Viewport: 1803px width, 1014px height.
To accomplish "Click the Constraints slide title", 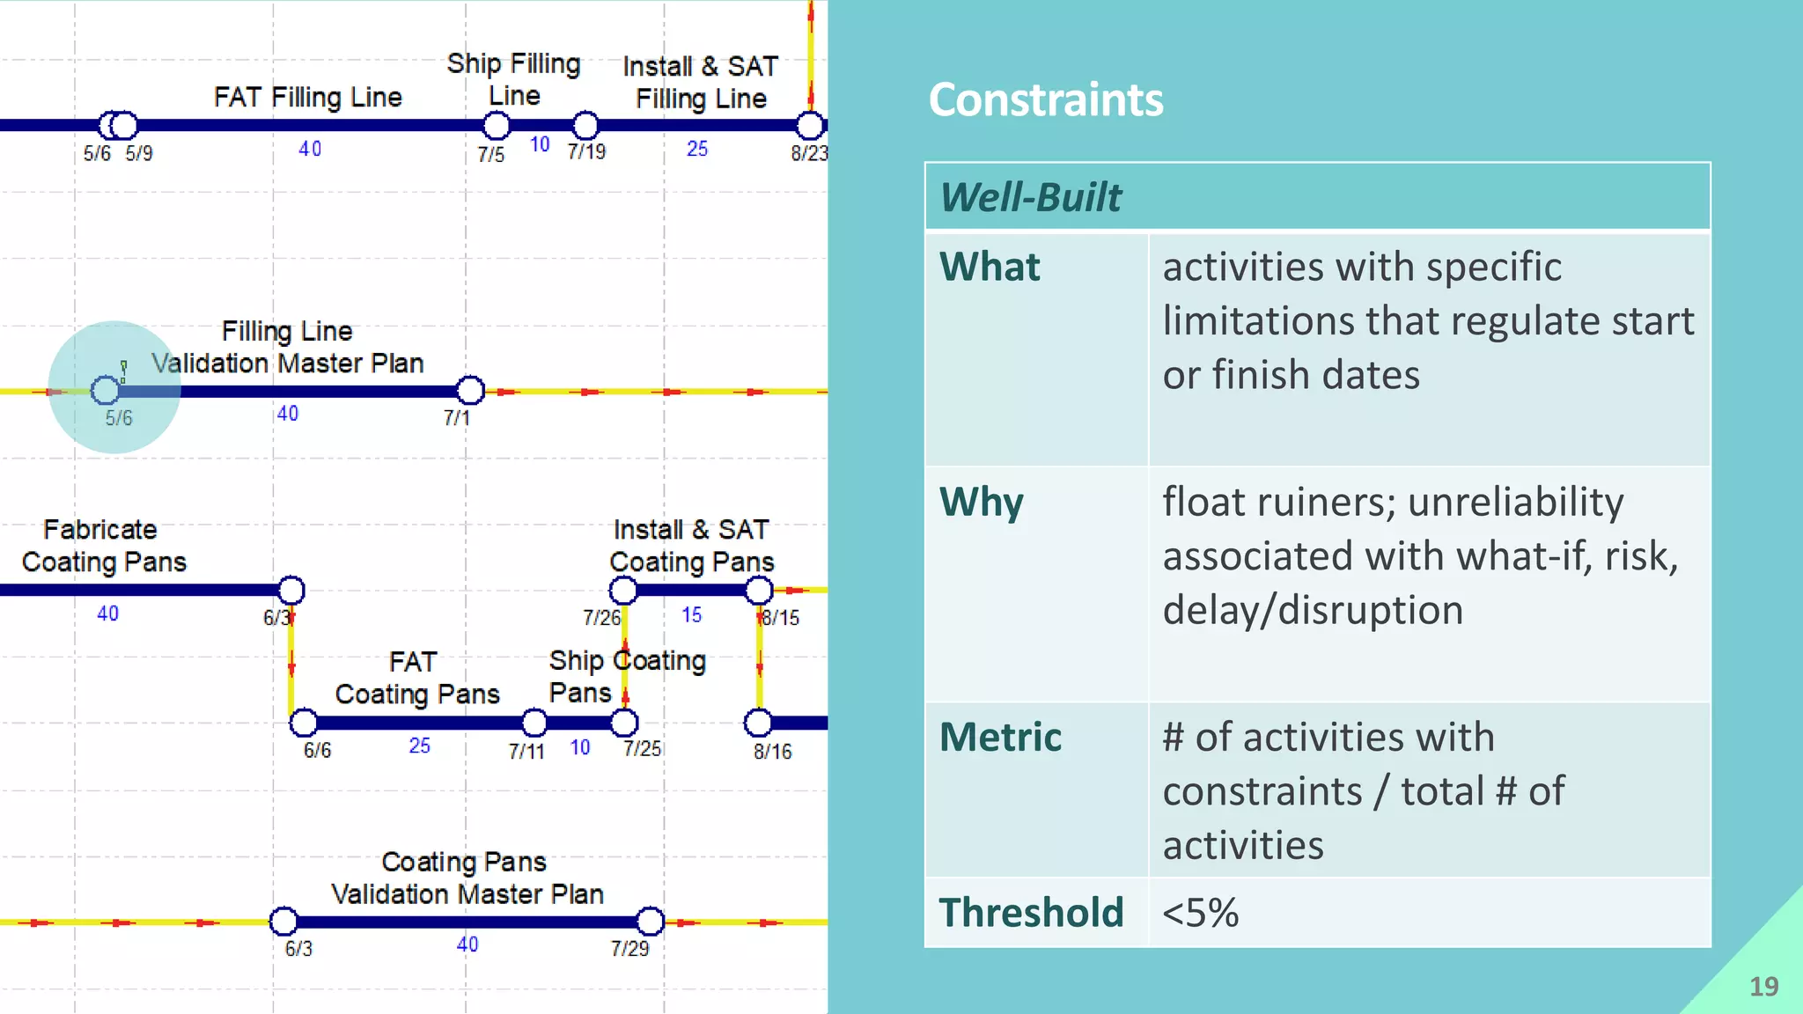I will point(1045,99).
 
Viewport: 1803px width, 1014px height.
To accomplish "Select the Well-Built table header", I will point(1031,197).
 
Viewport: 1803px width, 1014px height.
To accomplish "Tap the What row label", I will point(990,267).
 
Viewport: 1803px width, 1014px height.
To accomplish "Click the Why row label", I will point(981,503).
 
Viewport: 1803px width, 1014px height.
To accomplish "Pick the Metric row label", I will point(1000,738).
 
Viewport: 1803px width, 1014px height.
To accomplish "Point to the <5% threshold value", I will point(1200,913).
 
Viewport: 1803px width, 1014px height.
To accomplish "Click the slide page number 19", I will point(1763,987).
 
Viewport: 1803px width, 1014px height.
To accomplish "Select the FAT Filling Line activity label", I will point(307,97).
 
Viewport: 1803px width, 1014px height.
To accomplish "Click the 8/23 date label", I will point(809,153).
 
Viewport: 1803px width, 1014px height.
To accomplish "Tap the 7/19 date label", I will point(586,152).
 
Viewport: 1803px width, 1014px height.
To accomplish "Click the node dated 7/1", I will point(470,390).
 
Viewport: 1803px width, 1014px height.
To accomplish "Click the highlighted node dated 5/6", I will point(106,389).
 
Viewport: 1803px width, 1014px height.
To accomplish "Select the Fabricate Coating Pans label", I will point(103,546).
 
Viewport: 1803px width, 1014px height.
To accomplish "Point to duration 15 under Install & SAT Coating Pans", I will point(691,615).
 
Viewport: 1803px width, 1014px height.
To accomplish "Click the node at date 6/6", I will point(304,723).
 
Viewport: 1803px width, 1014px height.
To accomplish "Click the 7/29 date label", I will point(629,949).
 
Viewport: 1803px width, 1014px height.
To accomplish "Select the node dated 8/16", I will point(758,723).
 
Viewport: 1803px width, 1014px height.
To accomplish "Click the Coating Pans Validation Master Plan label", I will point(466,878).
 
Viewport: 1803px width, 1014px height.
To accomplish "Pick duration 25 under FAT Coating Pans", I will point(419,746).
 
